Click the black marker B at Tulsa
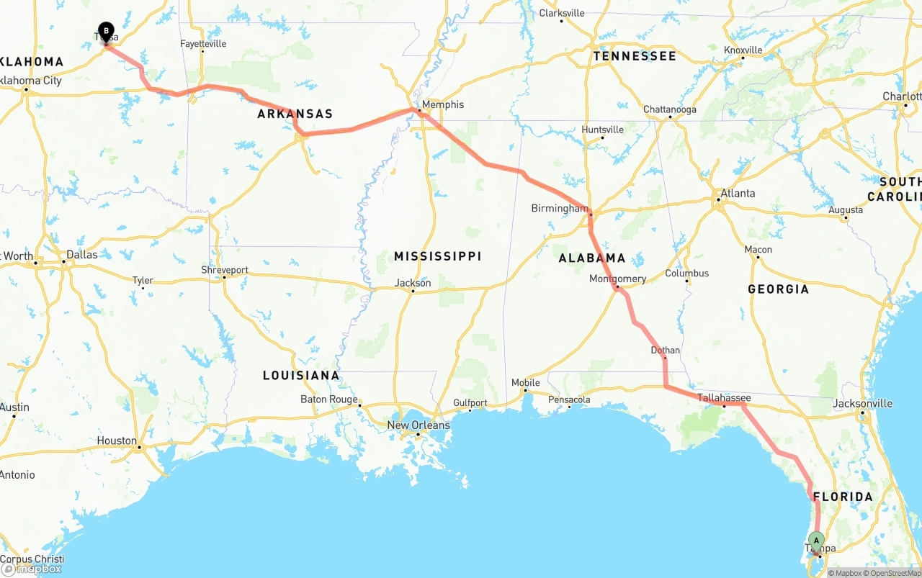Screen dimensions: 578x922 click(106, 31)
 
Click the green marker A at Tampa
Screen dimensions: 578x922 click(816, 541)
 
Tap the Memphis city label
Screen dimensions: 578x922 click(442, 104)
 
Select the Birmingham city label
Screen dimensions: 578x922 click(559, 208)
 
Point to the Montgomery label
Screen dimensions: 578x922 click(617, 279)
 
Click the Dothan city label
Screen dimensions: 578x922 click(665, 351)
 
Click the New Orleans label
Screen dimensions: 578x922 click(418, 425)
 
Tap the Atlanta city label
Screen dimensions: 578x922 click(738, 193)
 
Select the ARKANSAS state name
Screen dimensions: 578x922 click(295, 114)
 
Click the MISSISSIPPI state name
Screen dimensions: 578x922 click(437, 256)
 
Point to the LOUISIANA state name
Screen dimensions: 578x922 click(300, 375)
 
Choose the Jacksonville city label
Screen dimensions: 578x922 click(862, 403)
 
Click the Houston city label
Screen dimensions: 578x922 click(117, 441)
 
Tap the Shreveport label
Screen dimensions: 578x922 click(224, 270)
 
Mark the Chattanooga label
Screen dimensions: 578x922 click(669, 109)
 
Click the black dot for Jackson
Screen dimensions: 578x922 click(413, 291)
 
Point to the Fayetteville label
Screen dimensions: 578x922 click(203, 44)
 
